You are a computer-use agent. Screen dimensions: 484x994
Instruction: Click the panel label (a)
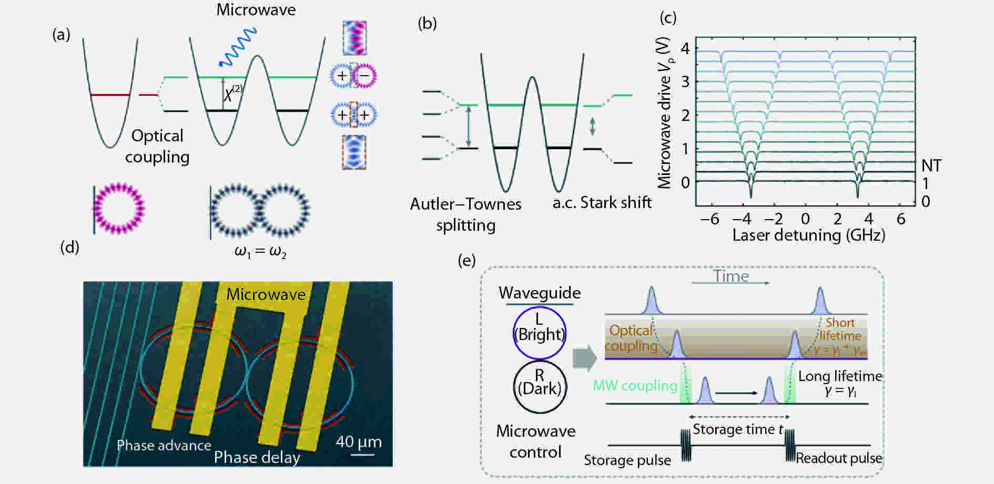61,35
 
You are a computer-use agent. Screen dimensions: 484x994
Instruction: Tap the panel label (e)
466,260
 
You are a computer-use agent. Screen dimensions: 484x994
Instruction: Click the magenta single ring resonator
119,208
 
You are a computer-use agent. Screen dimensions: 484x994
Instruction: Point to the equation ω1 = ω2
260,252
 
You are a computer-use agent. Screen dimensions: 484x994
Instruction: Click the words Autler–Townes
465,204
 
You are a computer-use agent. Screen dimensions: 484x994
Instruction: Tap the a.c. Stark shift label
602,203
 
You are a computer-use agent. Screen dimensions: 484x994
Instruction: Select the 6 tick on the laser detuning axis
901,219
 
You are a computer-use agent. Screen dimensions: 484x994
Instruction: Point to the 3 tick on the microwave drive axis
685,81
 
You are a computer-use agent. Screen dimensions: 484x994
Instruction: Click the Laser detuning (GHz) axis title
808,235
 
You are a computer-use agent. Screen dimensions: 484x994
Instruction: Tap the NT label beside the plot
931,166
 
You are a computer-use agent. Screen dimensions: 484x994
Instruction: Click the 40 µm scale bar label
359,442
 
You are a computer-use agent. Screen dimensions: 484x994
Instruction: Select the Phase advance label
164,446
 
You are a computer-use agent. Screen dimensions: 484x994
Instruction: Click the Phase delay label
257,457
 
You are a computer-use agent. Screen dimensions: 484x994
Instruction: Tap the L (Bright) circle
539,333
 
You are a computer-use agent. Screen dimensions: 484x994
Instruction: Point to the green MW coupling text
635,386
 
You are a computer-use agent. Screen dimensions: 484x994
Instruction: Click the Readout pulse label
839,458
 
